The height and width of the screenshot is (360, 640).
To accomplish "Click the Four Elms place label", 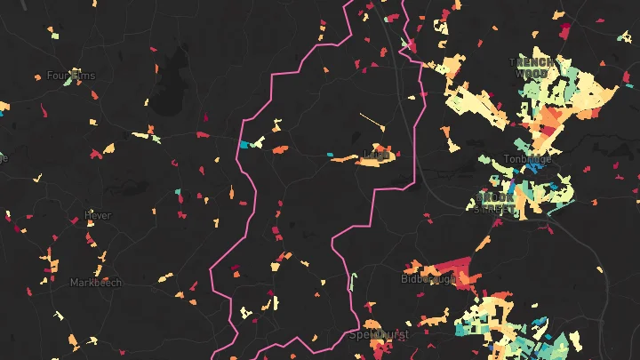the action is click(70, 76).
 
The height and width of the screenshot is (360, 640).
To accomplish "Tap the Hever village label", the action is click(97, 215).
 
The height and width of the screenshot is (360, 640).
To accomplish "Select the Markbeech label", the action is click(95, 283).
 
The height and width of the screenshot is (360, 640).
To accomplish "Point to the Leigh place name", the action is click(377, 156).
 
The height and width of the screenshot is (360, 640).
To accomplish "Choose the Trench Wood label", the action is click(532, 68).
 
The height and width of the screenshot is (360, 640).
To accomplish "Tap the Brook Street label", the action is click(496, 202).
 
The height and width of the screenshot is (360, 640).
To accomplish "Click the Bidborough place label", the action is click(428, 278).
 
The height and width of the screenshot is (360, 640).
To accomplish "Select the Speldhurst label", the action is click(377, 335).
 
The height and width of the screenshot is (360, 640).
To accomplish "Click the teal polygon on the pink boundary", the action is click(244, 144).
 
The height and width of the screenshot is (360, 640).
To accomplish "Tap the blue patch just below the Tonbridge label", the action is click(534, 166).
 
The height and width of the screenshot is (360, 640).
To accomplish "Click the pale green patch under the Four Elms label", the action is click(53, 87).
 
